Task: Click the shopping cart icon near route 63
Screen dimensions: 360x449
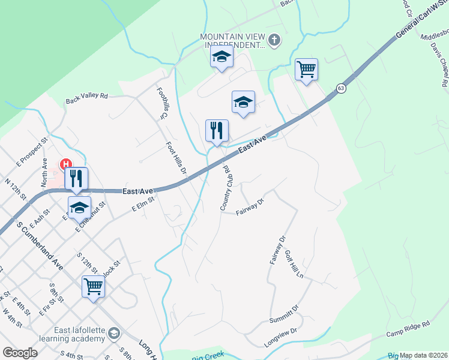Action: [x=306, y=70]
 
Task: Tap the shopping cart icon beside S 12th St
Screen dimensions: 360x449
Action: [x=94, y=286]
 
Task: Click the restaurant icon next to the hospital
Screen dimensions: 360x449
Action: [x=77, y=178]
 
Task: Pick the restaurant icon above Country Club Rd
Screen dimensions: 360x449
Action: [x=217, y=130]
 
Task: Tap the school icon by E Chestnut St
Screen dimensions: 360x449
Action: [x=79, y=207]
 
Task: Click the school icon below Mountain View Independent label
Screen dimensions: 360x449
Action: [x=221, y=57]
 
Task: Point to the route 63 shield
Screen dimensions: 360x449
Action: [x=341, y=88]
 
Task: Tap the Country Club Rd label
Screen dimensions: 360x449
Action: [x=226, y=187]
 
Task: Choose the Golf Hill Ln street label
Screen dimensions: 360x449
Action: [x=295, y=264]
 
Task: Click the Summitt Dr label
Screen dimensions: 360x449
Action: [x=284, y=313]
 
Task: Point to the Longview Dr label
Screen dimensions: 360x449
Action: [x=281, y=338]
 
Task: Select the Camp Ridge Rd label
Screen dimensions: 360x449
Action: [x=408, y=328]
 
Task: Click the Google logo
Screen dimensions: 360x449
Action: [x=20, y=352]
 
